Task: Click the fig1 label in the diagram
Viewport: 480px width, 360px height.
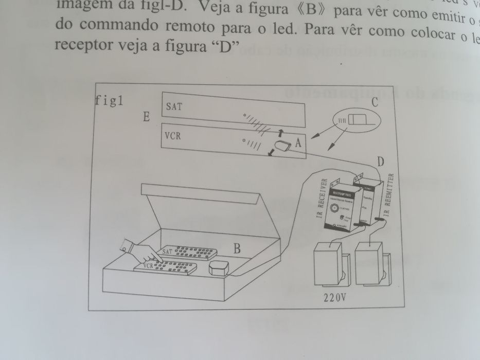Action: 109,100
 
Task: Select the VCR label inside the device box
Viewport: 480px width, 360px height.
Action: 175,137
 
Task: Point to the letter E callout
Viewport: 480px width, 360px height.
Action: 147,118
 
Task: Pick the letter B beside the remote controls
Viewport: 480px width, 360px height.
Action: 237,249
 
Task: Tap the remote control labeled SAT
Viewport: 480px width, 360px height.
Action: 188,253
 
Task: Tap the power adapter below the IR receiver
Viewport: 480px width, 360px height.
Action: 329,266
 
